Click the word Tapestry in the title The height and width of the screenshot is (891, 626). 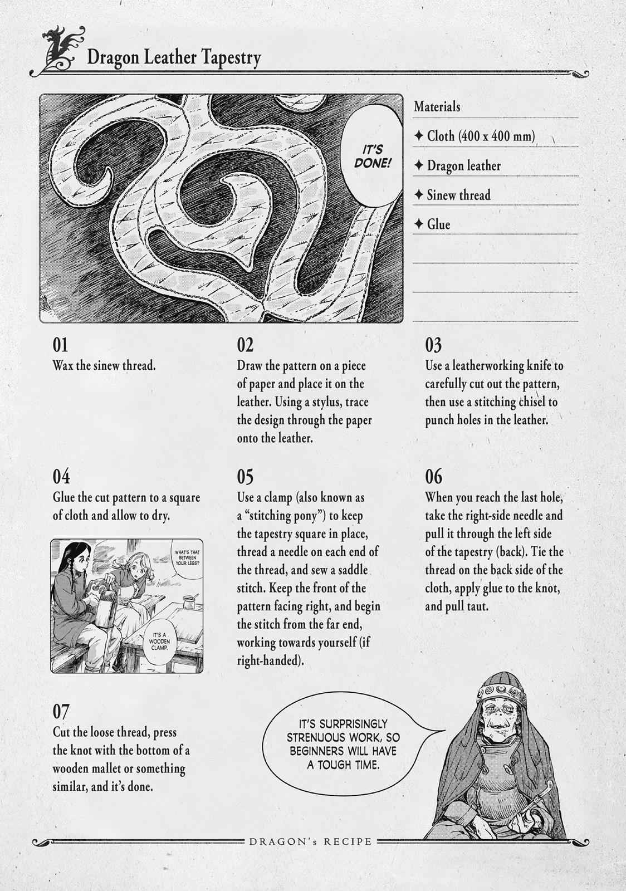pyautogui.click(x=231, y=58)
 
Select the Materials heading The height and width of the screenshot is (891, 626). pyautogui.click(x=437, y=106)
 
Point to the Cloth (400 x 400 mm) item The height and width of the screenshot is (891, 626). pyautogui.click(x=475, y=136)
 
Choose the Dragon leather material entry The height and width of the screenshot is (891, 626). pyautogui.click(x=457, y=165)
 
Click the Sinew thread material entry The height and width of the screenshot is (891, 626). pyautogui.click(x=452, y=195)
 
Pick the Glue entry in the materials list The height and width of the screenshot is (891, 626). pyautogui.click(x=432, y=224)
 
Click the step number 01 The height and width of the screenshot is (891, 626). pyautogui.click(x=61, y=345)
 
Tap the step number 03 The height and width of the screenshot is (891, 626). pyautogui.click(x=433, y=345)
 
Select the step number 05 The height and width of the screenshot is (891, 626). pyautogui.click(x=245, y=477)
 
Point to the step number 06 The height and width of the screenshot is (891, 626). pyautogui.click(x=433, y=477)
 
